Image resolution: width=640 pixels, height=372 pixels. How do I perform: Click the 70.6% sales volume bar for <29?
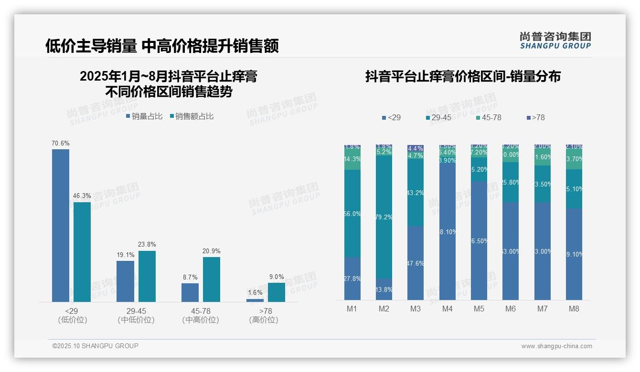(x=61, y=225)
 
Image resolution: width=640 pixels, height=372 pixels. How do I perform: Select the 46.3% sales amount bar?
(x=82, y=252)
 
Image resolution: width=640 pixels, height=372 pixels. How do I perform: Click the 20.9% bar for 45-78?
(x=212, y=279)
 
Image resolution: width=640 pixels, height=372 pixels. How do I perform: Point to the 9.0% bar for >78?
(x=276, y=292)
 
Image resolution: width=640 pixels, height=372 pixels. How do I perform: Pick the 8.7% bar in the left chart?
(x=190, y=292)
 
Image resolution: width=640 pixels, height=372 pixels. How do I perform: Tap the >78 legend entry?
(x=535, y=117)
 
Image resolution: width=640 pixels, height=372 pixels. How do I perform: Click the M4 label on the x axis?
(x=447, y=309)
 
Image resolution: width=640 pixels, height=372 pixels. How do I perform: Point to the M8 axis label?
(x=574, y=309)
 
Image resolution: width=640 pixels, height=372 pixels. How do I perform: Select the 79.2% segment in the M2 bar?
(x=384, y=217)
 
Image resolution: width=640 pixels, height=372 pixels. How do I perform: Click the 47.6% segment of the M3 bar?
(x=416, y=263)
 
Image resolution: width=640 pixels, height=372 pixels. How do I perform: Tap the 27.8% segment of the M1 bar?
(x=352, y=279)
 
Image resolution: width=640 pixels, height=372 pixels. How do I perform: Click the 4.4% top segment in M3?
(x=416, y=148)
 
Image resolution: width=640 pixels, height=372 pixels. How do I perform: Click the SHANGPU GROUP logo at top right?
(x=555, y=41)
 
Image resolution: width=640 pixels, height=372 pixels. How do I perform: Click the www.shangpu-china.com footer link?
(x=556, y=346)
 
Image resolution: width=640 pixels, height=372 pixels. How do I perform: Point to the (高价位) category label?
(x=264, y=320)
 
